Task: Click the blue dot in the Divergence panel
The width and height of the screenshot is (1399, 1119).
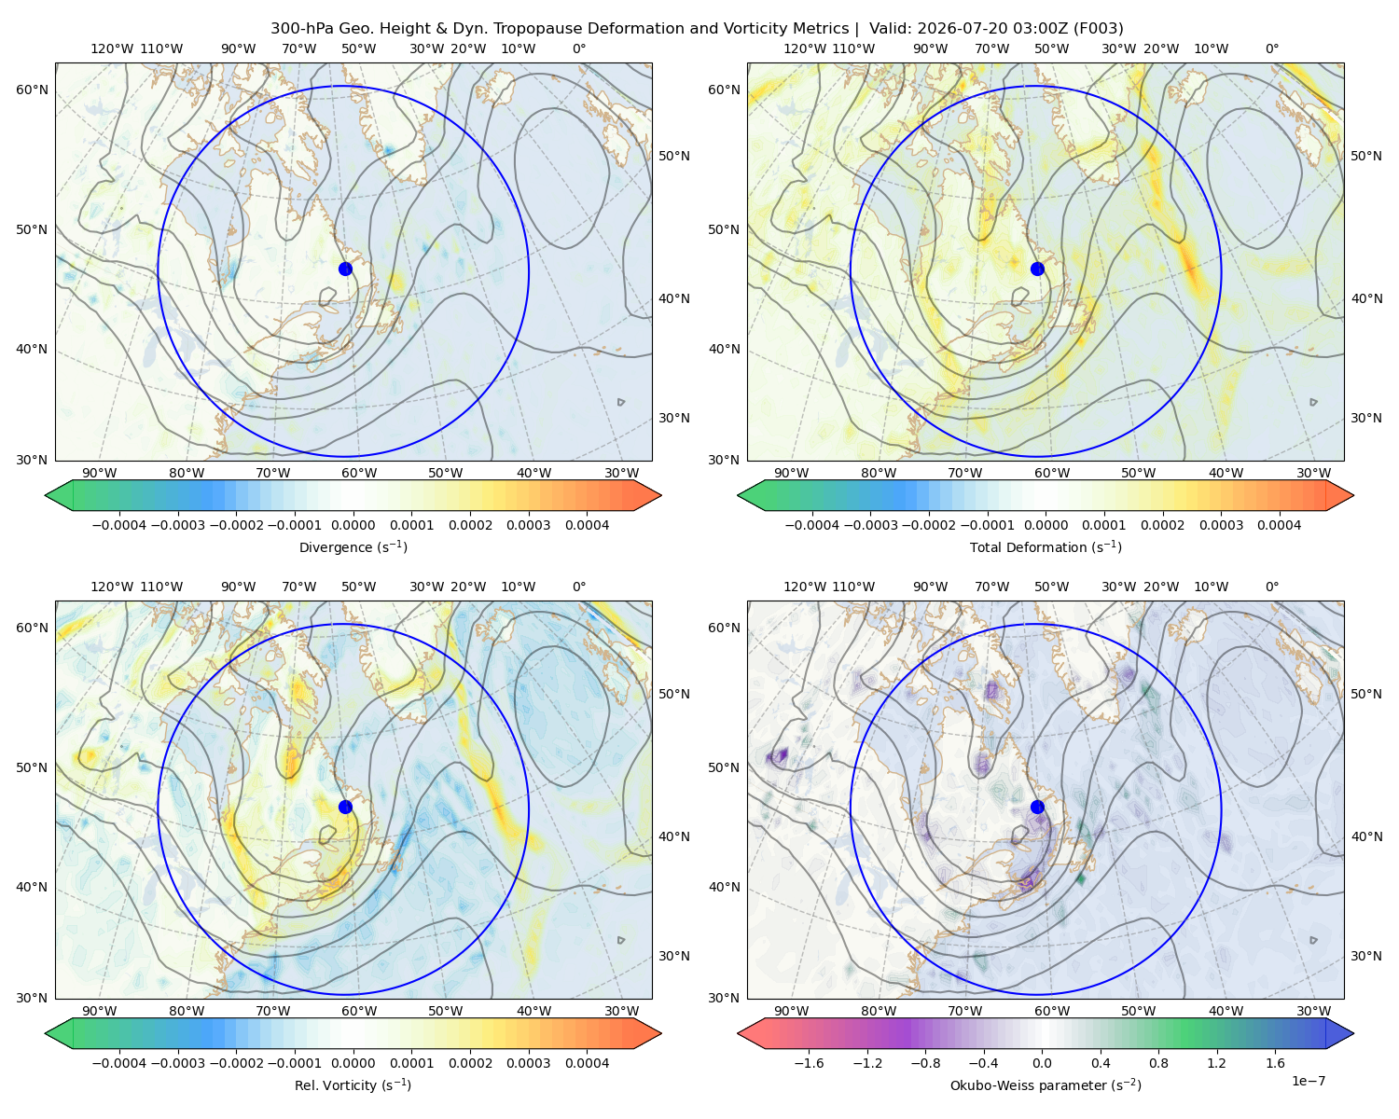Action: (345, 269)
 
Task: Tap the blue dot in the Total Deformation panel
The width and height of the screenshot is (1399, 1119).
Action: (1037, 269)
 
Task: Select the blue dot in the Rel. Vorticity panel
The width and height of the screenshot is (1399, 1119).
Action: (345, 807)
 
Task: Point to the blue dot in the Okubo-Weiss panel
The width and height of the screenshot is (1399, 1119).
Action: (1037, 807)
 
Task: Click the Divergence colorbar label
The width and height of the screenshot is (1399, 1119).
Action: (353, 546)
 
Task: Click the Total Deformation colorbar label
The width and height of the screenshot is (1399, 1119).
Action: (1046, 546)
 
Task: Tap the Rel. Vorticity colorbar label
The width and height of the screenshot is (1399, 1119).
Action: (353, 1084)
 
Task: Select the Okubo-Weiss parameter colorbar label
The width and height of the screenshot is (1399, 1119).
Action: (1046, 1084)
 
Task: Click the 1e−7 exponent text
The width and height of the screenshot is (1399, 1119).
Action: (1308, 1081)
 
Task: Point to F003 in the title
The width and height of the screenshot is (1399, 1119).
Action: (1099, 29)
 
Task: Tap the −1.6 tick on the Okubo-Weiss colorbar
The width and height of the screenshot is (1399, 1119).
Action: (809, 1062)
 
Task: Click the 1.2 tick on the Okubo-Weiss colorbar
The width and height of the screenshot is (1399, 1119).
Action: (1216, 1062)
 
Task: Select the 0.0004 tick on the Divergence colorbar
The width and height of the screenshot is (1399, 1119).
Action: (587, 525)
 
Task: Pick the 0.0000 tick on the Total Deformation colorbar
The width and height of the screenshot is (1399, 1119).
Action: (1046, 525)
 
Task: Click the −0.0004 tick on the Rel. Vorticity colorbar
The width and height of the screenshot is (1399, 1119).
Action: (119, 1062)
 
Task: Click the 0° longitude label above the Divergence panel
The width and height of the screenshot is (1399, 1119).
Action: (579, 48)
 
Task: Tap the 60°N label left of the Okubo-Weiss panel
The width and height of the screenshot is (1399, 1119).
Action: (724, 628)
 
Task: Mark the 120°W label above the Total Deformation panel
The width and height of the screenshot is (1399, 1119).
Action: (805, 48)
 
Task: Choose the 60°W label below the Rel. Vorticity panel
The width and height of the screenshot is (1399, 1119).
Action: (359, 1011)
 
